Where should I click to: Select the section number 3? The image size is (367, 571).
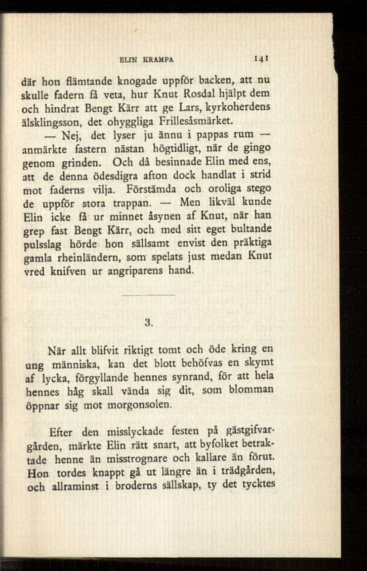(x=149, y=323)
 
